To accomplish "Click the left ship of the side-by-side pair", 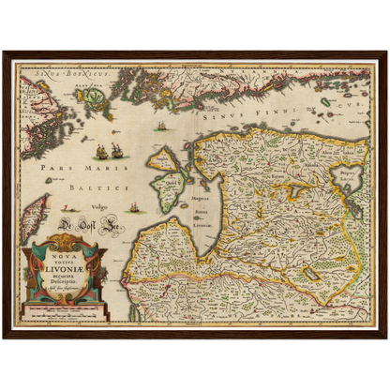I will (99, 151).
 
